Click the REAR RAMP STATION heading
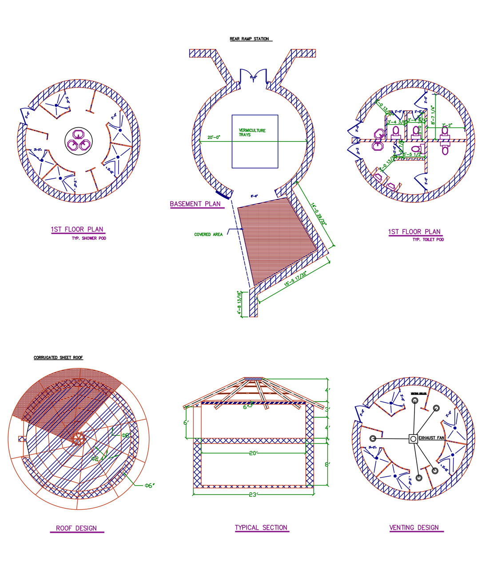(249, 39)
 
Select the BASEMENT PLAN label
(195, 204)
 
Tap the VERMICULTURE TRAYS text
(252, 133)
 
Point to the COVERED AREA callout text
(208, 234)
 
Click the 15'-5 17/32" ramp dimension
(295, 279)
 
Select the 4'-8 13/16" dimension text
(239, 303)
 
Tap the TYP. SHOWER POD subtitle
(89, 238)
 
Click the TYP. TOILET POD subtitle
(428, 240)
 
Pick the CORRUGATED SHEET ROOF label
(58, 358)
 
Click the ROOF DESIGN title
(76, 528)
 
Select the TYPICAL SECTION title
(261, 528)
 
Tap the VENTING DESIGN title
(414, 528)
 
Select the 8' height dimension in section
(327, 464)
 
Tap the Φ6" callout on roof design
(149, 486)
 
